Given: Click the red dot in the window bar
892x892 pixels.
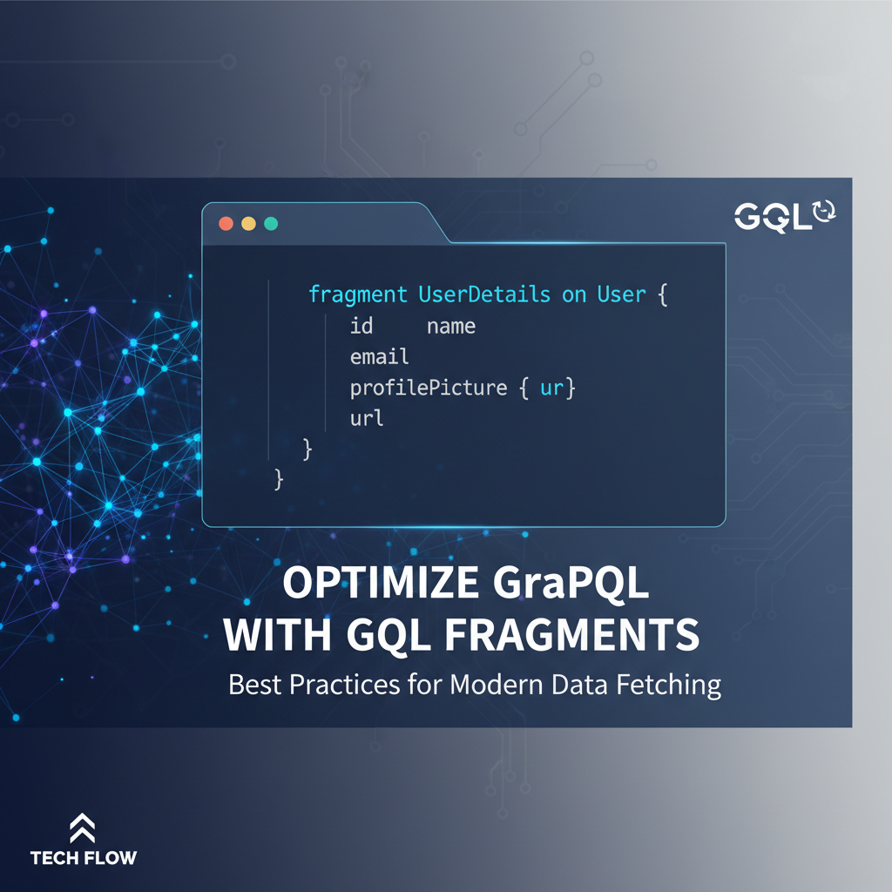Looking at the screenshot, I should (226, 223).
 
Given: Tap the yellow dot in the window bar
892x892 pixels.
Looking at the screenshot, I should (248, 223).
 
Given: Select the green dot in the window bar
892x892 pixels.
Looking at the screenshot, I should (271, 223).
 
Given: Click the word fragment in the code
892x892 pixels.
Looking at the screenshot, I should (358, 294).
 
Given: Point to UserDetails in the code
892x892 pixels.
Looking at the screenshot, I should (484, 294).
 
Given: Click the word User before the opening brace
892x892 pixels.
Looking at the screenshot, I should (621, 294).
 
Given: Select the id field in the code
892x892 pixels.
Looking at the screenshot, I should (362, 327).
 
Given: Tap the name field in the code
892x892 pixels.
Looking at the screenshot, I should (451, 327).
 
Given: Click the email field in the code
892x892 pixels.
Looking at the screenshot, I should (379, 357).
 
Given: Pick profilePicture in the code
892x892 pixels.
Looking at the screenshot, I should (428, 388).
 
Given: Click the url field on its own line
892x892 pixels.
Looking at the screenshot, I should (367, 418).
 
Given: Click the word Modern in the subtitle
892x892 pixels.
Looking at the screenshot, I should (497, 685).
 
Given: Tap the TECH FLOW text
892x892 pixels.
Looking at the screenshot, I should (84, 858).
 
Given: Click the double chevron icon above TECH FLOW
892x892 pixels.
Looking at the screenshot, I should (83, 828).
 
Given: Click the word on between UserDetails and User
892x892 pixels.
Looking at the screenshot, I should (574, 294).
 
